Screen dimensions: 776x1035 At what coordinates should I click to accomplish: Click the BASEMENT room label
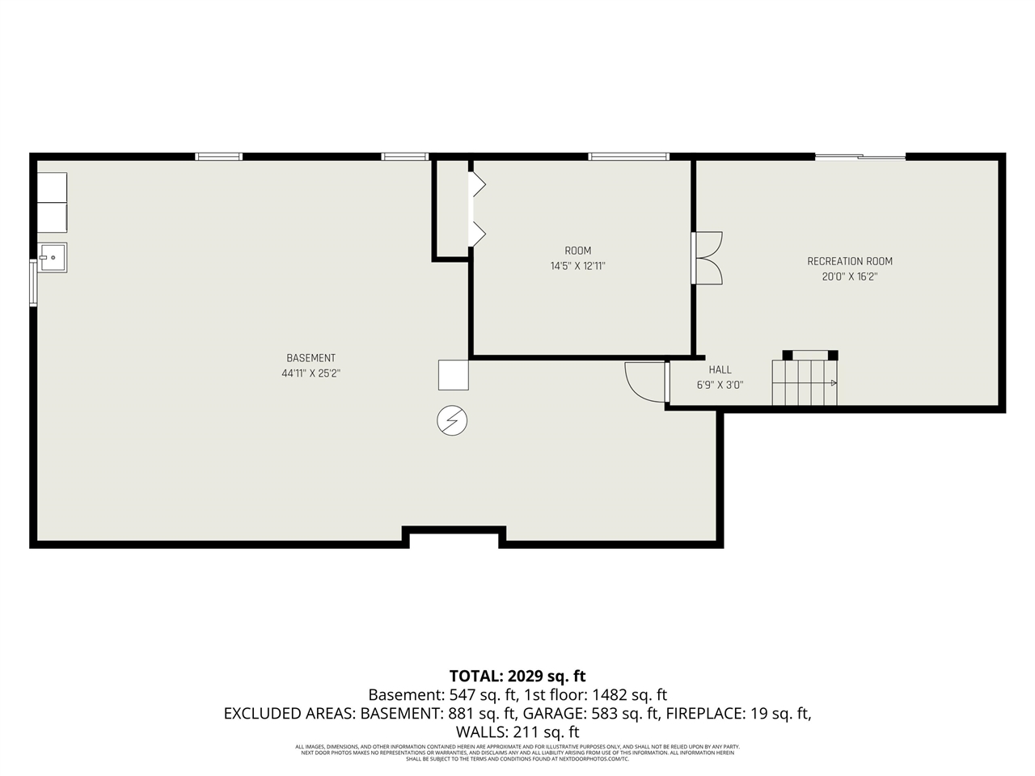point(310,358)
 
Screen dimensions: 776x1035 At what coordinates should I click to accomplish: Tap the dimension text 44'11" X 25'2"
point(310,373)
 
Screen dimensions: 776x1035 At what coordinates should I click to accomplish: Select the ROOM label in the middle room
point(577,251)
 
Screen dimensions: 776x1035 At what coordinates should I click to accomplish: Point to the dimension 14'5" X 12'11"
point(577,266)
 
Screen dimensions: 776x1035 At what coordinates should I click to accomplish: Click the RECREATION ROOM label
point(850,261)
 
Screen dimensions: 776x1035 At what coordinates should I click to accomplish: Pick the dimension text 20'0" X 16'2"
point(850,276)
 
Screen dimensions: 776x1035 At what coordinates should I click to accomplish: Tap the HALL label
point(720,369)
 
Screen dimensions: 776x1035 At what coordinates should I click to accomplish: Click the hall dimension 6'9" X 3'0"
point(720,386)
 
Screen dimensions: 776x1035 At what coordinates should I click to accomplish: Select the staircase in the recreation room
point(805,382)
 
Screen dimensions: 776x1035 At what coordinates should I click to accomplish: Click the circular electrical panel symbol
point(452,420)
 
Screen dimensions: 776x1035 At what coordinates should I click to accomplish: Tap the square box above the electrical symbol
point(454,375)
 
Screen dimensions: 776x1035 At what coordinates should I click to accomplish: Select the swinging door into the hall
point(645,382)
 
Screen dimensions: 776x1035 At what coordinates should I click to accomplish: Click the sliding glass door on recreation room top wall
point(860,157)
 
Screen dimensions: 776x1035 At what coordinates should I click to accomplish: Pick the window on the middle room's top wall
point(628,157)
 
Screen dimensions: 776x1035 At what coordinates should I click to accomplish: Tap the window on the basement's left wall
point(33,282)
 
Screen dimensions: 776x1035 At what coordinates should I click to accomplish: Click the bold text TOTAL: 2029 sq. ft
point(517,676)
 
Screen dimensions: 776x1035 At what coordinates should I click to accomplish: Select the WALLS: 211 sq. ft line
point(517,732)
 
